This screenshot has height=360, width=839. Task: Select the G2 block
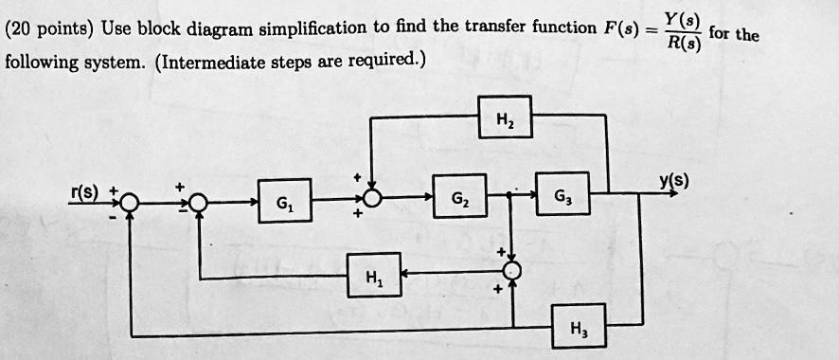tap(459, 198)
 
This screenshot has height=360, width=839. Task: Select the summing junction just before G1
tap(200, 201)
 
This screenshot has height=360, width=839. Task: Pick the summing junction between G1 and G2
tap(372, 199)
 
